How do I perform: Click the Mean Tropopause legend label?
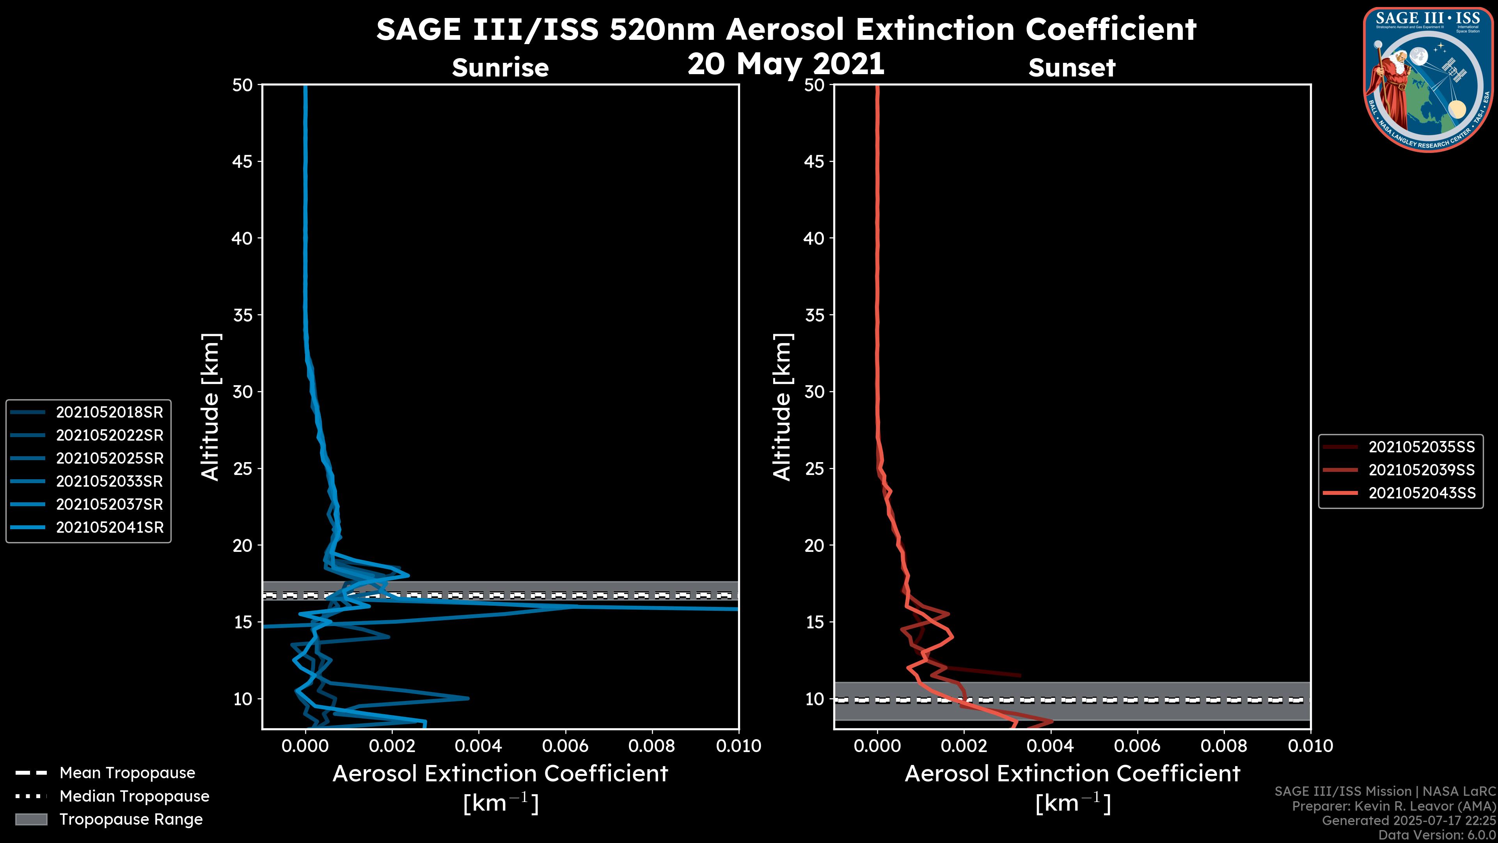click(127, 773)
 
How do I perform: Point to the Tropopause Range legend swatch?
click(31, 819)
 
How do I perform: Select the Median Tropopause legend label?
click(134, 796)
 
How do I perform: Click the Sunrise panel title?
click(500, 68)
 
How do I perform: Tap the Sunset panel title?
click(1072, 68)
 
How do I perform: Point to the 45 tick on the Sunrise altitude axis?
click(243, 161)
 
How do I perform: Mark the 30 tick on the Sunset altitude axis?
click(815, 391)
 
